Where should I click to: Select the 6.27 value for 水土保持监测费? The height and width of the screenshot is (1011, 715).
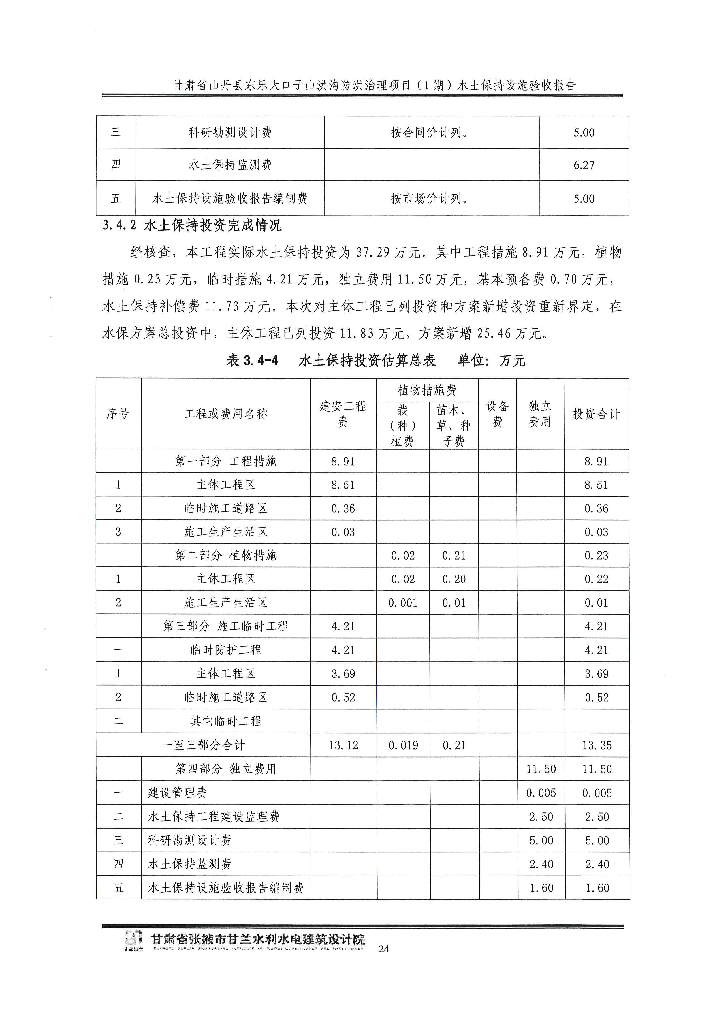[584, 165]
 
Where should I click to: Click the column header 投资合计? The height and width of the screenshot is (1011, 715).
[596, 414]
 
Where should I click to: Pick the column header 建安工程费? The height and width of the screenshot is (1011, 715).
[343, 414]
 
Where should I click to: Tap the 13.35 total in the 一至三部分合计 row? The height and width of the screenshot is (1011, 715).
[597, 745]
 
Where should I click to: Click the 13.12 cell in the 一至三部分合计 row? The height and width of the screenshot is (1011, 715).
[343, 745]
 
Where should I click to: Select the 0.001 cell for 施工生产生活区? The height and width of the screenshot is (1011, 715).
[402, 603]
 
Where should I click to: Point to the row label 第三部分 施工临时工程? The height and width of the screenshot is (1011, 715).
[225, 626]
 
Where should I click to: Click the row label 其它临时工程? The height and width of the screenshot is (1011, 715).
[225, 721]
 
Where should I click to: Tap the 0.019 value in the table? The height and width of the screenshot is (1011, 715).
[403, 745]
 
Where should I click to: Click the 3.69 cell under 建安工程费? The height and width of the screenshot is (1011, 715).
[343, 674]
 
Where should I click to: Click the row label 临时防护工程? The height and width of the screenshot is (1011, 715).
[225, 650]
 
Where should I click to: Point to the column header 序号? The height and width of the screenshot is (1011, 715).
[118, 414]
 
